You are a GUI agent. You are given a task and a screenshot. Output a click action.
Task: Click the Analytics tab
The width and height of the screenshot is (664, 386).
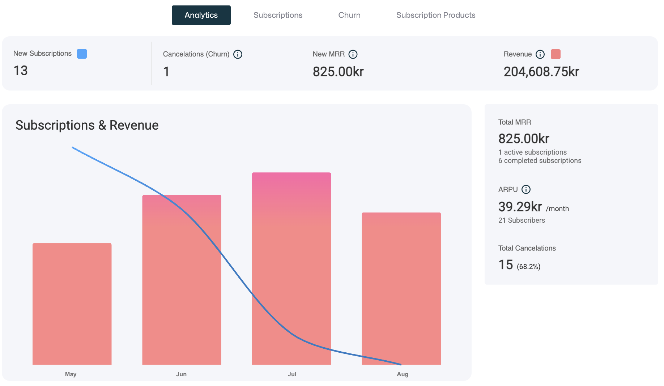tap(201, 15)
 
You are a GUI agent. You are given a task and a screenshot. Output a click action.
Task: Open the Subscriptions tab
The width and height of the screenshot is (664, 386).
tap(278, 15)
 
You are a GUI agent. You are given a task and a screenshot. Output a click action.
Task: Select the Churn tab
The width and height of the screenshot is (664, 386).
tap(349, 15)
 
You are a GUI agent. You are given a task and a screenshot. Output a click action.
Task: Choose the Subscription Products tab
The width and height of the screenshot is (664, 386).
tap(435, 15)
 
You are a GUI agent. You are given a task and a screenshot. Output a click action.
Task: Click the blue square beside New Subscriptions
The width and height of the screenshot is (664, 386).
tap(82, 54)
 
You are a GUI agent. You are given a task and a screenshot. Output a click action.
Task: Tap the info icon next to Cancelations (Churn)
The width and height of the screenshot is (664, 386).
tap(238, 54)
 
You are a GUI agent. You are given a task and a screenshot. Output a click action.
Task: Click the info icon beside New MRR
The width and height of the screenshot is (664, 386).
tap(353, 54)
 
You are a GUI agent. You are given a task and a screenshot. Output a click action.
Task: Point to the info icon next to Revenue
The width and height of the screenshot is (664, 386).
tap(540, 54)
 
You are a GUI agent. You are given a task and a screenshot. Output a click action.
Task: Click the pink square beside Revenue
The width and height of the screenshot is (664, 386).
tap(556, 54)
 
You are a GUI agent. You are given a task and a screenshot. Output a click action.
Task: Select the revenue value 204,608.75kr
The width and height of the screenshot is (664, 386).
tap(541, 72)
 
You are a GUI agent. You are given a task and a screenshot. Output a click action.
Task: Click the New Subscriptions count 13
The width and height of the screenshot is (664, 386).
tap(21, 71)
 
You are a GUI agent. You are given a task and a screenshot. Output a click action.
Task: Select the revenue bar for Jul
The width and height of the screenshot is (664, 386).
tap(291, 268)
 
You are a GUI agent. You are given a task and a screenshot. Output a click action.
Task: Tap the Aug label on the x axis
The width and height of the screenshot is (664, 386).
tap(402, 374)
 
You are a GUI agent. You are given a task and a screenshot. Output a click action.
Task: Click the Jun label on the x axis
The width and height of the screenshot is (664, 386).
tap(181, 374)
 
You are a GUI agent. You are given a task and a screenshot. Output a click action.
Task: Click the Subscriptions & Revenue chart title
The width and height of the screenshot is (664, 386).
tap(87, 125)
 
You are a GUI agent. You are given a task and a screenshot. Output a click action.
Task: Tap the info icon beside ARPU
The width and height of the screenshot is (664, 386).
tap(526, 189)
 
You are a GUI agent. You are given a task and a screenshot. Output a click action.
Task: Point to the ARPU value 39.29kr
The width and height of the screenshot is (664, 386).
tap(520, 207)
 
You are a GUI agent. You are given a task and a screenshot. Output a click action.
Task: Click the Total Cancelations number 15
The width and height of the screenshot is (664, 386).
tap(506, 265)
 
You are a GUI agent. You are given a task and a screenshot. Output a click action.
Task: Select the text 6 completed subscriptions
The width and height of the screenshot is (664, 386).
tap(540, 160)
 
